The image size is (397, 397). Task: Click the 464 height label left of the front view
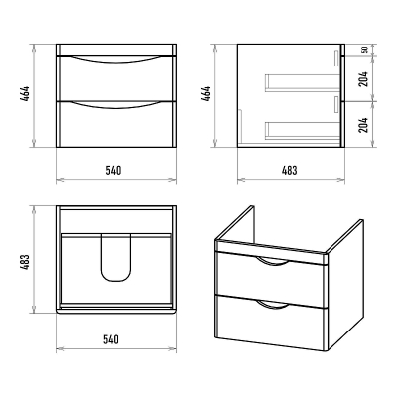tap(25, 95)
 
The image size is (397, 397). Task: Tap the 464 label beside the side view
tap(206, 94)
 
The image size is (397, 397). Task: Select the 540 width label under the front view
tap(113, 171)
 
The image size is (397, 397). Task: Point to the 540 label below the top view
tap(111, 339)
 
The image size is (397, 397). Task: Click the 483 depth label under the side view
tap(290, 171)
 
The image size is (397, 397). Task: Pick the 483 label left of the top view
tap(25, 262)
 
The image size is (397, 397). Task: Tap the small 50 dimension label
tap(364, 50)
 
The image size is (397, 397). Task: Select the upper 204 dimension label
tap(364, 79)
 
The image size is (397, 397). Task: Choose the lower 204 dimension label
tap(364, 125)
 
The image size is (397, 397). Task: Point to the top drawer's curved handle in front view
tap(115, 61)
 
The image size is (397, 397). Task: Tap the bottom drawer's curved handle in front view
tap(115, 106)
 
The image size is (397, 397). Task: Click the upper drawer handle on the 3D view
tap(273, 262)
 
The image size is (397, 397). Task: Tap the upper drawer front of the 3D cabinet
tap(271, 281)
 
